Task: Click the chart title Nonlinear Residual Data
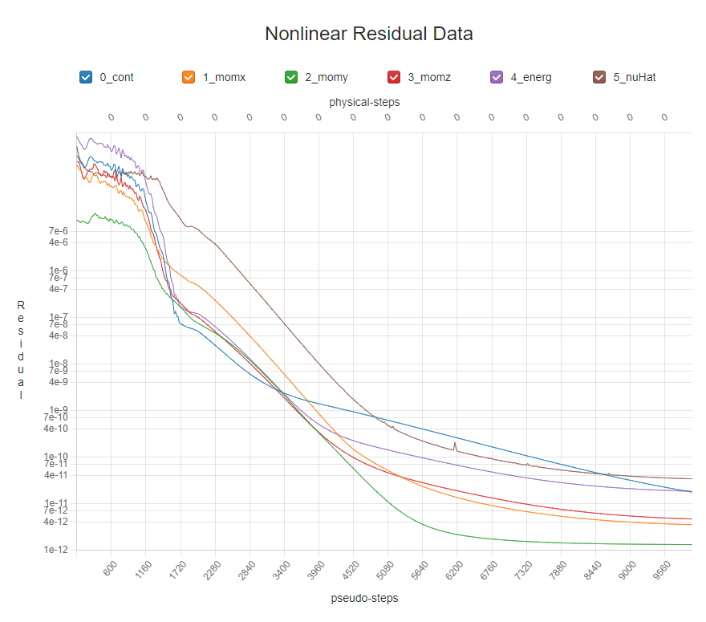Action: [x=368, y=35]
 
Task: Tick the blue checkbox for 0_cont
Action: [x=86, y=77]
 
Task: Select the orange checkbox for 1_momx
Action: [x=189, y=77]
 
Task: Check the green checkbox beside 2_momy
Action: [x=291, y=77]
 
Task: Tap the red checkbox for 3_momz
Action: [x=394, y=77]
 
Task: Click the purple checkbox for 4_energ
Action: [x=496, y=77]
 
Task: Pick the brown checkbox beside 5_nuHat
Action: [x=598, y=77]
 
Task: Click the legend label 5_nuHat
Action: [x=636, y=78]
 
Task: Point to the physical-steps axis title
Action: [x=364, y=102]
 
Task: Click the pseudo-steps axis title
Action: [x=364, y=598]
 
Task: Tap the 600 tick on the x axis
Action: [x=110, y=567]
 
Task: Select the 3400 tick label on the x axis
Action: [x=282, y=569]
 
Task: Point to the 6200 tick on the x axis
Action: [x=455, y=569]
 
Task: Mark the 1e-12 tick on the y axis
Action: [x=59, y=550]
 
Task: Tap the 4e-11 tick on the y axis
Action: [x=59, y=475]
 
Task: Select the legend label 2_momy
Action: [x=327, y=78]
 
